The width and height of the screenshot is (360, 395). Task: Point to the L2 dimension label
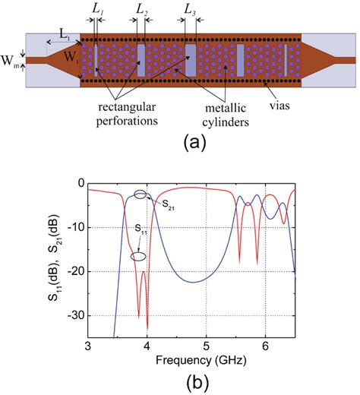(x=141, y=9)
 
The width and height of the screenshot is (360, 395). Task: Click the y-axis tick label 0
(x=78, y=184)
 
